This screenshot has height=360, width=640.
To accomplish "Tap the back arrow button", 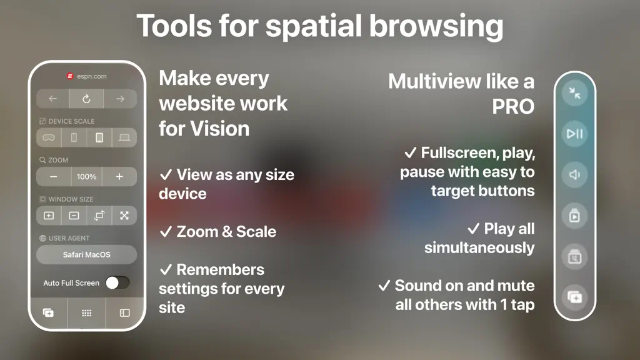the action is [52, 99].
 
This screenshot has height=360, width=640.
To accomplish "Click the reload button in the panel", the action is [86, 99].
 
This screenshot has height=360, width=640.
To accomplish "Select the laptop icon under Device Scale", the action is [124, 137].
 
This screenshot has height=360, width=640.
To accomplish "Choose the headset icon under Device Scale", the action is [49, 137].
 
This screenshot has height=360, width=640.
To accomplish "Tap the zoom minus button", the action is [54, 177].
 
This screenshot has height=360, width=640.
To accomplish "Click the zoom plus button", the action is [119, 177].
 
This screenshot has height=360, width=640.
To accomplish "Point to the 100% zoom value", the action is [86, 177].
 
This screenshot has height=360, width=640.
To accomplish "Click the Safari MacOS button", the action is [86, 255].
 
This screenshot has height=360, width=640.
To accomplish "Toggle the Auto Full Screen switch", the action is [117, 282].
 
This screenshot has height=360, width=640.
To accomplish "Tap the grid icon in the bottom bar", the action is [86, 313].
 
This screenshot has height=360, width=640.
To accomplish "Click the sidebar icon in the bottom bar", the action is [124, 313].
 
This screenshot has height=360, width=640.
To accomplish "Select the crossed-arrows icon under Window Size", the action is [124, 216].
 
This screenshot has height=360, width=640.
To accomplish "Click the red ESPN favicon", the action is [70, 76].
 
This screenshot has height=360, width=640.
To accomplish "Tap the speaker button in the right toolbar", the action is [575, 175].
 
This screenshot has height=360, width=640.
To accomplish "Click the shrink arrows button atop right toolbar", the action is [575, 93].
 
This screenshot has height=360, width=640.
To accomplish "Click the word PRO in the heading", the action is [513, 107].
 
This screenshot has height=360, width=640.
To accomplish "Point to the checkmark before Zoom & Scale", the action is [166, 232].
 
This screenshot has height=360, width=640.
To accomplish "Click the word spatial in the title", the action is [314, 26].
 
